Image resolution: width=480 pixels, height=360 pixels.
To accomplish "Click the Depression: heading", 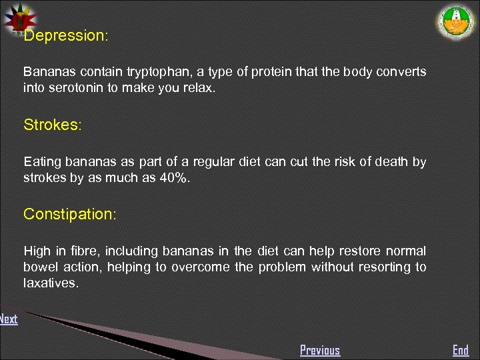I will pos(65,36).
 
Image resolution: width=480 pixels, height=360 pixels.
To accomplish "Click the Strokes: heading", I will pos(52,125).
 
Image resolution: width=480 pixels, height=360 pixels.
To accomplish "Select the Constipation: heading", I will pos(69,214).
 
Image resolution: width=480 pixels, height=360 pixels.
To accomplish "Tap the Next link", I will pos(9,319).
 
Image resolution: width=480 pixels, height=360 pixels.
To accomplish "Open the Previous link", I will pos(320,350).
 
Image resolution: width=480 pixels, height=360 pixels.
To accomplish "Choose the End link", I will pos(461,350).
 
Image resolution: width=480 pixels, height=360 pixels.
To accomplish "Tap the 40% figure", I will pos(173,178).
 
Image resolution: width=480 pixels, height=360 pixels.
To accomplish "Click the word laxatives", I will pos(51,283).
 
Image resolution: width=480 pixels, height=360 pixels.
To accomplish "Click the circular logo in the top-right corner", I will pos(457,23).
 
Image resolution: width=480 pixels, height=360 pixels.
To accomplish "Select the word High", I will pos(37,251).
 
